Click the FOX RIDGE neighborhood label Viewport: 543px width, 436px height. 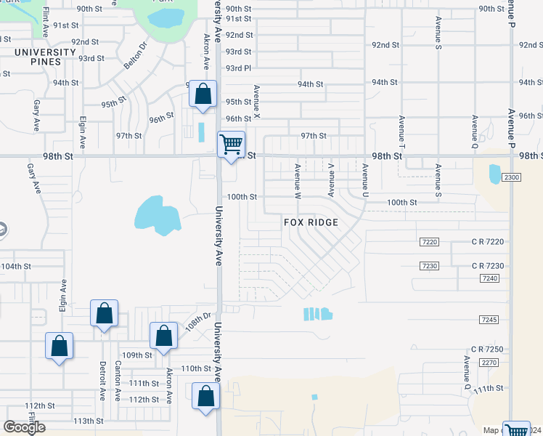311,222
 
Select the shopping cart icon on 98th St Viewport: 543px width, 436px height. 231,144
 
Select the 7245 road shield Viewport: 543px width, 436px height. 489,320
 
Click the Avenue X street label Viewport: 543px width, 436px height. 256,102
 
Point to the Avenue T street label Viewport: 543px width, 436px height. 401,128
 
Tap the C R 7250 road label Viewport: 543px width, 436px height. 486,350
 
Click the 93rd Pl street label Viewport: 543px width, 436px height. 238,68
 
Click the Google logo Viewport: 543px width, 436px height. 24,427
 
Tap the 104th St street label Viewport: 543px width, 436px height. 16,267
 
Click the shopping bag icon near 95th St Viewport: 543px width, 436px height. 203,94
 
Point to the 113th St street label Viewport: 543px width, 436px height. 89,421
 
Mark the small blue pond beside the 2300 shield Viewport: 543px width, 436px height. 495,174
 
